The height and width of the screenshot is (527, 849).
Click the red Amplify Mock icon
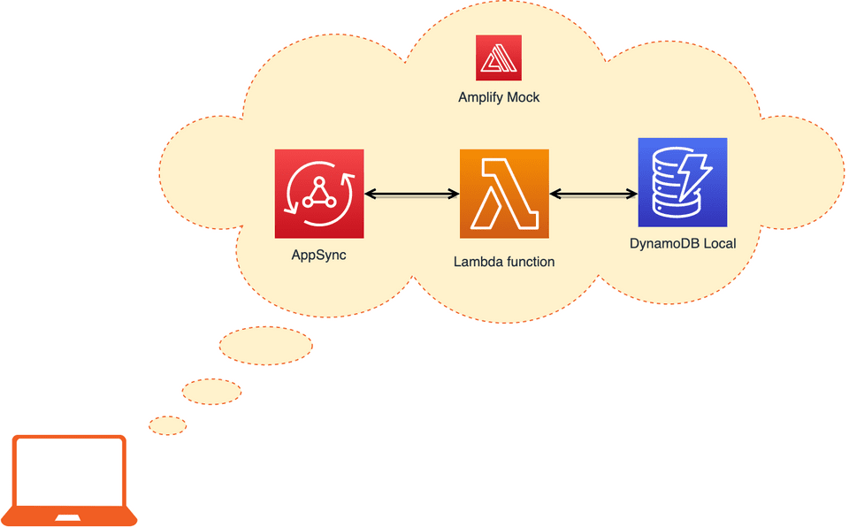[x=499, y=58]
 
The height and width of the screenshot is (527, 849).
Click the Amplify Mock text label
[x=499, y=97]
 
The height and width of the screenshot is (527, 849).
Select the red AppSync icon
[x=319, y=194]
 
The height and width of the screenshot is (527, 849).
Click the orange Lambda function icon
[x=504, y=194]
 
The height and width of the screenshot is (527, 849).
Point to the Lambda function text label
[x=504, y=262]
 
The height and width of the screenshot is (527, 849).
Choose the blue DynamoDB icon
[x=683, y=182]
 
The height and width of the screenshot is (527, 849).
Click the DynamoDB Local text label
[x=683, y=243]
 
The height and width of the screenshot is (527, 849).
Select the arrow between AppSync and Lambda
[x=411, y=193]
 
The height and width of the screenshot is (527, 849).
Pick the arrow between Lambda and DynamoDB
[x=593, y=193]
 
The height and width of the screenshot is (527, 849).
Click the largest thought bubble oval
[x=265, y=346]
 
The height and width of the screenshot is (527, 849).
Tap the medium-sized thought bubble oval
[x=211, y=391]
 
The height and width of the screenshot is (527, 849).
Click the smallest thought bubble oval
[x=168, y=425]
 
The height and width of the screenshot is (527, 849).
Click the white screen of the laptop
[x=69, y=474]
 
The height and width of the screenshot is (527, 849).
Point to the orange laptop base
[x=69, y=516]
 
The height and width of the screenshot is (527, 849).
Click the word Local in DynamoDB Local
[x=718, y=243]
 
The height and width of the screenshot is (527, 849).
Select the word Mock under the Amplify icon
[x=523, y=97]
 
